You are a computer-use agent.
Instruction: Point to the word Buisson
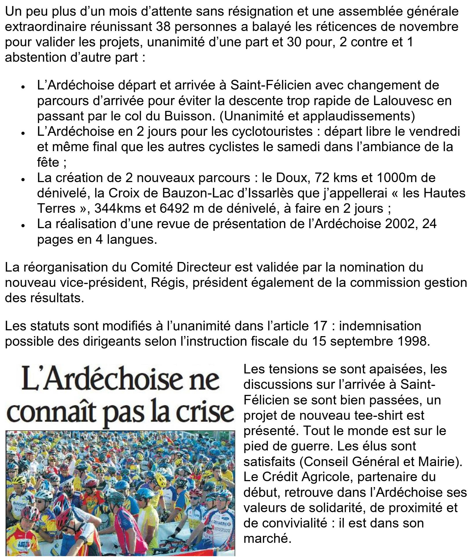pos(190,116)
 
